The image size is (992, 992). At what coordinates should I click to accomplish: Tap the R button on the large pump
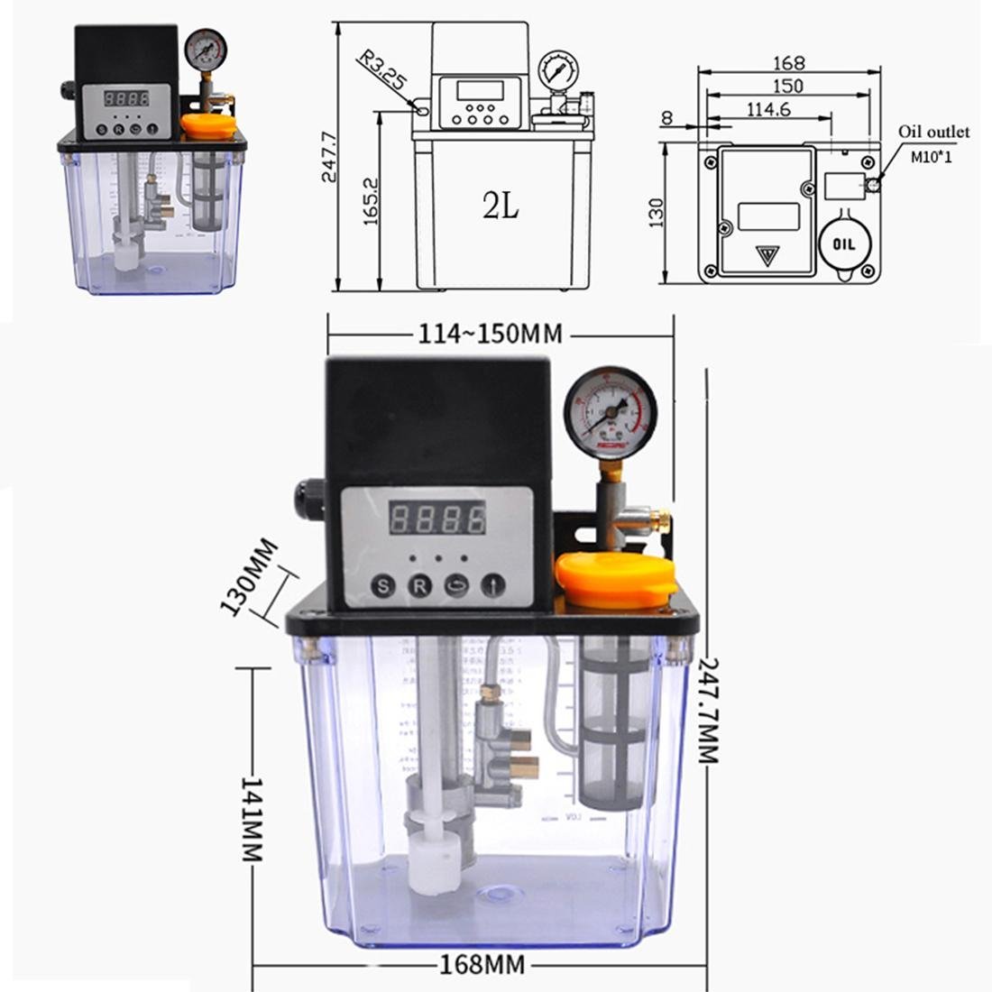[x=419, y=585]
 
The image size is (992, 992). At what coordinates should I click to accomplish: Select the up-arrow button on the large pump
[x=492, y=585]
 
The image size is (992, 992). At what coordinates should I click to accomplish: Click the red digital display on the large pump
[x=437, y=518]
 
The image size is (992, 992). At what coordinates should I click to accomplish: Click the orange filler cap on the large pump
[x=616, y=579]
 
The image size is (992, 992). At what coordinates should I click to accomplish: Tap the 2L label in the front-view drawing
[x=501, y=207]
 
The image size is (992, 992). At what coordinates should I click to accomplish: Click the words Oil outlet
[x=933, y=132]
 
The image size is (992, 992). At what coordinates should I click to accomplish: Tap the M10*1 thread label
[x=931, y=158]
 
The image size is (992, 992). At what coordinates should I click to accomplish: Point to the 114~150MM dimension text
[x=490, y=335]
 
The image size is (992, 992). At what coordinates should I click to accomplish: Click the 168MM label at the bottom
[x=482, y=965]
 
